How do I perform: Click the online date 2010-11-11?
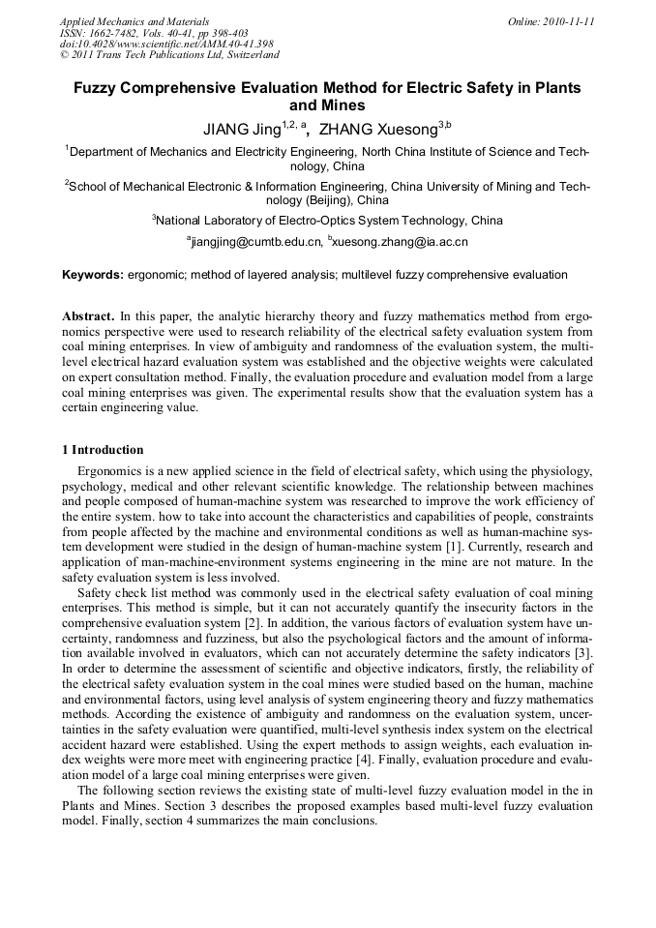click(569, 21)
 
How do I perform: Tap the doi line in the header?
click(166, 44)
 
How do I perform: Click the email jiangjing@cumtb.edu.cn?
click(254, 241)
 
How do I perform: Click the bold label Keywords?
click(93, 275)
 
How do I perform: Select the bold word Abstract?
click(88, 316)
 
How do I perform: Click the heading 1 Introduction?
click(103, 450)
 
